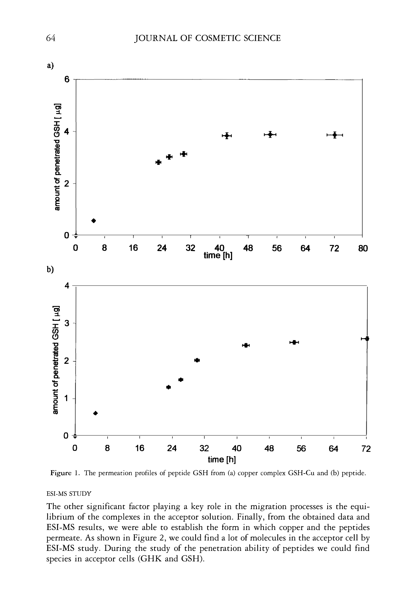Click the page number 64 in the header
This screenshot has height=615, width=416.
click(51, 38)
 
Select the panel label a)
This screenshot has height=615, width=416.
click(50, 65)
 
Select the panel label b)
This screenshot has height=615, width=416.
click(50, 269)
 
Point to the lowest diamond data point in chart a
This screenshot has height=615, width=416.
click(94, 221)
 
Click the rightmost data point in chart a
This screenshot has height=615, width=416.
click(335, 135)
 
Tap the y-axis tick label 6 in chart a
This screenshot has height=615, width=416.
click(67, 79)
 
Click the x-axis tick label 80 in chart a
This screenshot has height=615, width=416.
click(363, 248)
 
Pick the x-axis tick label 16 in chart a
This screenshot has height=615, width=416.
click(133, 248)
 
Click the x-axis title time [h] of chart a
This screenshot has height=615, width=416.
click(218, 256)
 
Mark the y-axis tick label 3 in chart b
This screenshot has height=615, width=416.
click(67, 323)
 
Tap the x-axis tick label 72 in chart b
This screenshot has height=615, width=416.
click(366, 449)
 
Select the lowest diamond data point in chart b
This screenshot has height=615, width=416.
click(96, 413)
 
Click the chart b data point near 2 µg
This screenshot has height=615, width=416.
click(197, 360)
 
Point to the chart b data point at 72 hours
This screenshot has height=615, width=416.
click(366, 339)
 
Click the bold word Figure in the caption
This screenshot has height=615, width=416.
click(61, 473)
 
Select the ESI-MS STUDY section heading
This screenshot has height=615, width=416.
click(69, 493)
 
